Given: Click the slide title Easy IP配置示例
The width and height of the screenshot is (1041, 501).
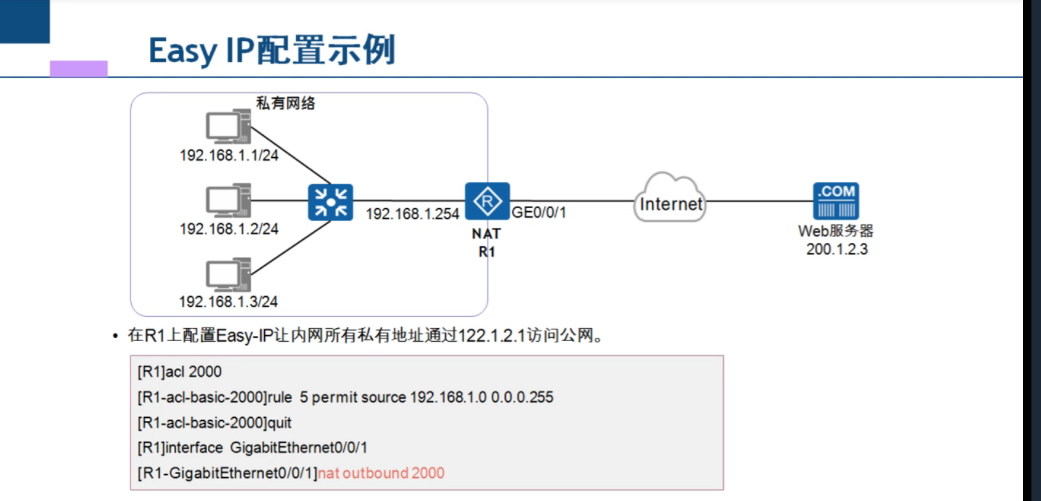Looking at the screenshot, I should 272,51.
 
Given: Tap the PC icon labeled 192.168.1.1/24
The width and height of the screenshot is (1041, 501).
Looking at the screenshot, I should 228,126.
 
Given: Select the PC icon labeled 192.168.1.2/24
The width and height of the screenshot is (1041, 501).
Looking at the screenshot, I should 228,200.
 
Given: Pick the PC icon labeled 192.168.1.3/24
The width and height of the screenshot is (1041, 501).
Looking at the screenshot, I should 228,274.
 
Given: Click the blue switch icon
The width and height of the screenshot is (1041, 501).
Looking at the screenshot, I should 330,202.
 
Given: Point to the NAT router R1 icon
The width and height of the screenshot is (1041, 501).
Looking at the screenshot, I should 487,202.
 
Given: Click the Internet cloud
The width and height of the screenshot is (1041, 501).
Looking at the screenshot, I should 670,199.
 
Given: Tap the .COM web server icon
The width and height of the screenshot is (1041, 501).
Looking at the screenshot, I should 836,201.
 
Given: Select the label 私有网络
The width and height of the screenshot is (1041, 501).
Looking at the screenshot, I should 285,103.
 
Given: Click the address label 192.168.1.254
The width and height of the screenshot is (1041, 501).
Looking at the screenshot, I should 412,214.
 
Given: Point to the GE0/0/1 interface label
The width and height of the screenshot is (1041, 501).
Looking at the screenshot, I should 538,212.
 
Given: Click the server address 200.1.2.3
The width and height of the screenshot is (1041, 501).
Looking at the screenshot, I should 836,250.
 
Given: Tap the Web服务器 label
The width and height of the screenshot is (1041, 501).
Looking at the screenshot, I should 835,231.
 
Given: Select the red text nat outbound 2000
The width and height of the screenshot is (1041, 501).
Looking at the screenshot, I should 381,473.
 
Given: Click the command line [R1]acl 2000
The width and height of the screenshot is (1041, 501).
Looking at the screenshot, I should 180,372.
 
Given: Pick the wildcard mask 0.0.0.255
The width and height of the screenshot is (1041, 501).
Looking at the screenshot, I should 522,397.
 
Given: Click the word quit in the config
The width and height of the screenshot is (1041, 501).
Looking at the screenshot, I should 278,423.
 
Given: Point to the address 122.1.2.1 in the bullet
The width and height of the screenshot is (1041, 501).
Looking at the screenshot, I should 491,335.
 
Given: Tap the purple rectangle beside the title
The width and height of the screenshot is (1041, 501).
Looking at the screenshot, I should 79,68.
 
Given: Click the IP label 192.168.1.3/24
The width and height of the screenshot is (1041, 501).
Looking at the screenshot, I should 228,301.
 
